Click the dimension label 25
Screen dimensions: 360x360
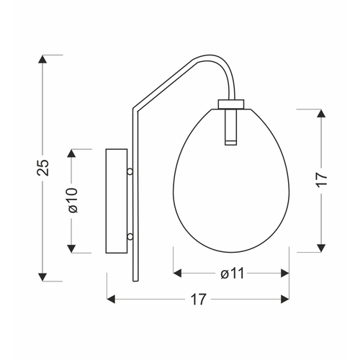pyautogui.click(x=43, y=167)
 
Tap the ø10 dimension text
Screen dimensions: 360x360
pyautogui.click(x=73, y=200)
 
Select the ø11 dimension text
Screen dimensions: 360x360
pyautogui.click(x=233, y=273)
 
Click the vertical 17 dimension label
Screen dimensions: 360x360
pyautogui.click(x=322, y=179)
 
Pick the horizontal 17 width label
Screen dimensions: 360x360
pyautogui.click(x=198, y=300)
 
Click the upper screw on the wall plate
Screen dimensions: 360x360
pyautogui.click(x=130, y=171)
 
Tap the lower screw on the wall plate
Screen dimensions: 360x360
pyautogui.click(x=130, y=237)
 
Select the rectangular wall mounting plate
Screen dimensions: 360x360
pyautogui.click(x=117, y=201)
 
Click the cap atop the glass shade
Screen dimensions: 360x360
pyautogui.click(x=231, y=104)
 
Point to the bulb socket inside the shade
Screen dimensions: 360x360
pyautogui.click(x=231, y=127)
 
